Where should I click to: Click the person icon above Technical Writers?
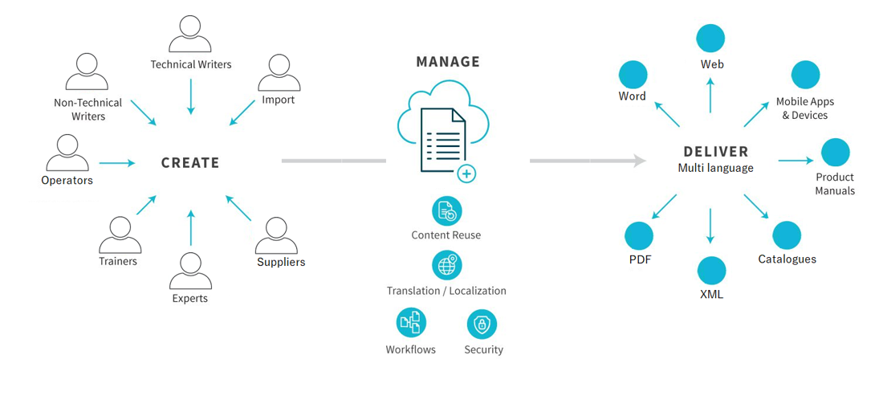click(x=190, y=35)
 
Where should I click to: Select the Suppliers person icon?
click(x=277, y=235)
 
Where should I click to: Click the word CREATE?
click(x=190, y=163)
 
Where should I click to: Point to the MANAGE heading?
click(x=448, y=62)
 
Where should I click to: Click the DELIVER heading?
click(x=715, y=151)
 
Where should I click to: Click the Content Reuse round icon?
click(x=446, y=211)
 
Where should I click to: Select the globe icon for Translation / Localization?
click(x=446, y=265)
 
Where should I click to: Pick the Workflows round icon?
click(x=411, y=324)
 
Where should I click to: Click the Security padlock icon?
click(x=482, y=324)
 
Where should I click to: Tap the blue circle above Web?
click(x=710, y=39)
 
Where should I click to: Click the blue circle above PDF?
click(x=639, y=236)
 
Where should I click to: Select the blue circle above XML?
click(x=711, y=271)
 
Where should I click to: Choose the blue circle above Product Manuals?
click(x=835, y=153)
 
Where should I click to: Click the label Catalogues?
click(x=787, y=259)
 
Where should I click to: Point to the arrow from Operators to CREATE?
click(x=117, y=163)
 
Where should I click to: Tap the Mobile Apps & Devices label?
click(x=804, y=108)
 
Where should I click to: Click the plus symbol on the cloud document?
click(x=466, y=173)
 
